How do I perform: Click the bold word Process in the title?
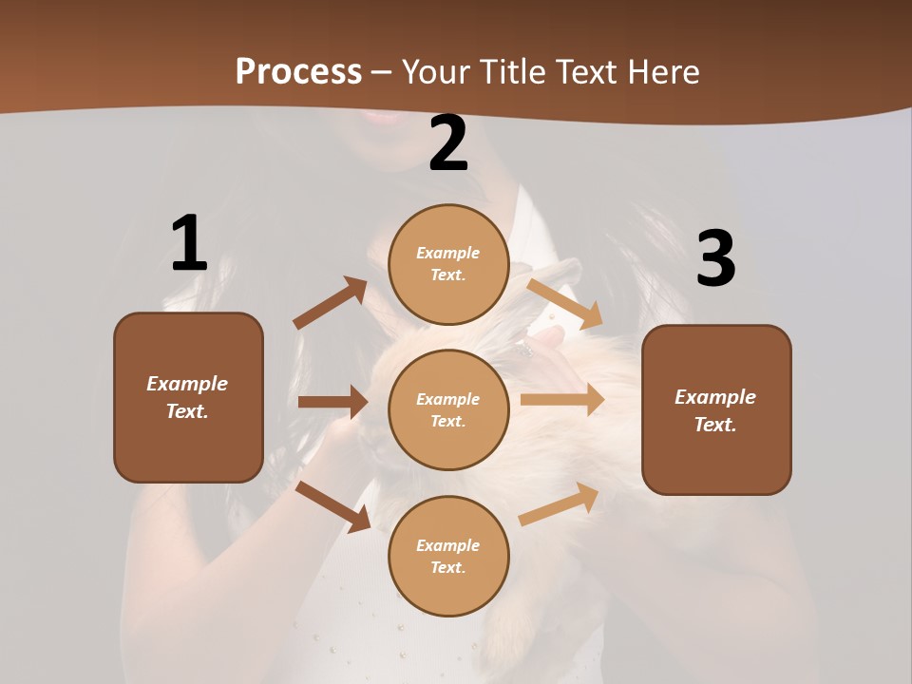298,72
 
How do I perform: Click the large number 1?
189,244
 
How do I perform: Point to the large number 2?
448,144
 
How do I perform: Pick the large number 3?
715,259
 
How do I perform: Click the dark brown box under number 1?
188,397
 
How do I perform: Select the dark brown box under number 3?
716,409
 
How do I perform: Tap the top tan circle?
448,264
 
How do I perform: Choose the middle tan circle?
448,409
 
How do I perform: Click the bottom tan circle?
448,556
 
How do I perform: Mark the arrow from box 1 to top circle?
331,303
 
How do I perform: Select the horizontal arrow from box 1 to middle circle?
332,402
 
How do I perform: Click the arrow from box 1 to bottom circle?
333,505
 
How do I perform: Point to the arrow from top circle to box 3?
564,302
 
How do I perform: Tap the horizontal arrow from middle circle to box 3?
562,400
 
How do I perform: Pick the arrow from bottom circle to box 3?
559,504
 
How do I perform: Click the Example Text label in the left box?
187,397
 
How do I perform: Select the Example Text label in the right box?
715,410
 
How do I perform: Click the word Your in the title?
437,72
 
